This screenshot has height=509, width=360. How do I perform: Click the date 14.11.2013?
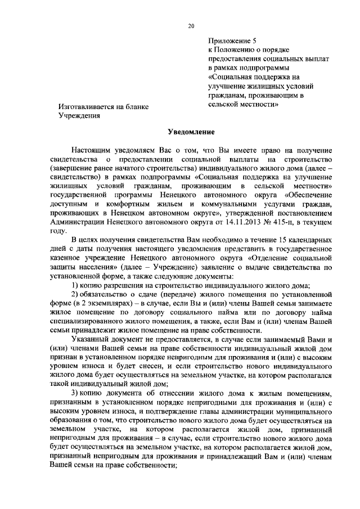(216, 238)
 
